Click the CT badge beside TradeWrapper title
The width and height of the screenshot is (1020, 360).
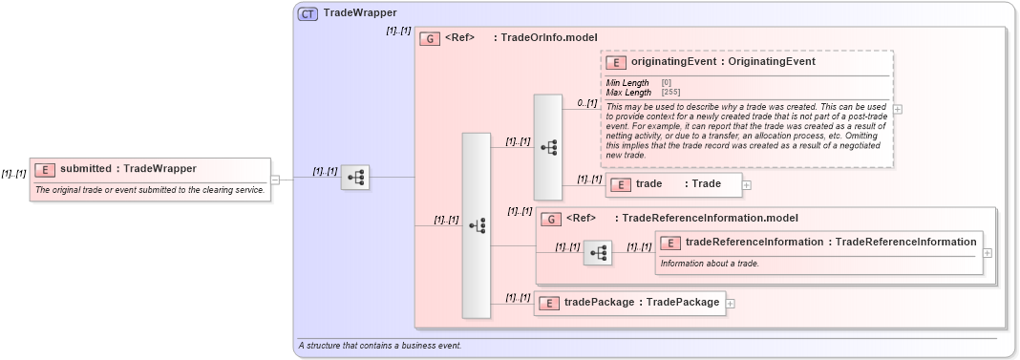[x=308, y=13]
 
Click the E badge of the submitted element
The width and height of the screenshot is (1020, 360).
[x=45, y=169]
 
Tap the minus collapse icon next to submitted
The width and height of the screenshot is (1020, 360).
[x=275, y=178]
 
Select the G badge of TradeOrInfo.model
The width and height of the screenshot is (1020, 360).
[x=430, y=39]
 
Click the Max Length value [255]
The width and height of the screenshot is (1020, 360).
[x=669, y=93]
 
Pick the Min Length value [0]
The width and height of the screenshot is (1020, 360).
[x=666, y=83]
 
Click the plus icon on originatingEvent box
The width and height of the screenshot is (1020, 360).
[x=898, y=109]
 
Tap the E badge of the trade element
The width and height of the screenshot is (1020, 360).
[x=620, y=184]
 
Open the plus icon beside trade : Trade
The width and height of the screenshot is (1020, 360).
[x=747, y=184]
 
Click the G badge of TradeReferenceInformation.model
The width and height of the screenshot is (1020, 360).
[x=550, y=219]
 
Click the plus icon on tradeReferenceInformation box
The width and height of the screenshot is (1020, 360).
[x=987, y=252]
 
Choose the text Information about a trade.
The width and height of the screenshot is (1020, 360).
[x=709, y=264]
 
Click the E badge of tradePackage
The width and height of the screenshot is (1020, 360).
[x=549, y=303]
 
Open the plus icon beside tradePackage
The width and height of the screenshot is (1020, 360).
[x=731, y=303]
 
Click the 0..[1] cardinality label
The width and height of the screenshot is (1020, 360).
[x=586, y=102]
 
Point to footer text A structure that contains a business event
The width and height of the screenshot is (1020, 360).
[x=379, y=345]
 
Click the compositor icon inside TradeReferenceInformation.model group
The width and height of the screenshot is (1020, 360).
[x=598, y=253]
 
